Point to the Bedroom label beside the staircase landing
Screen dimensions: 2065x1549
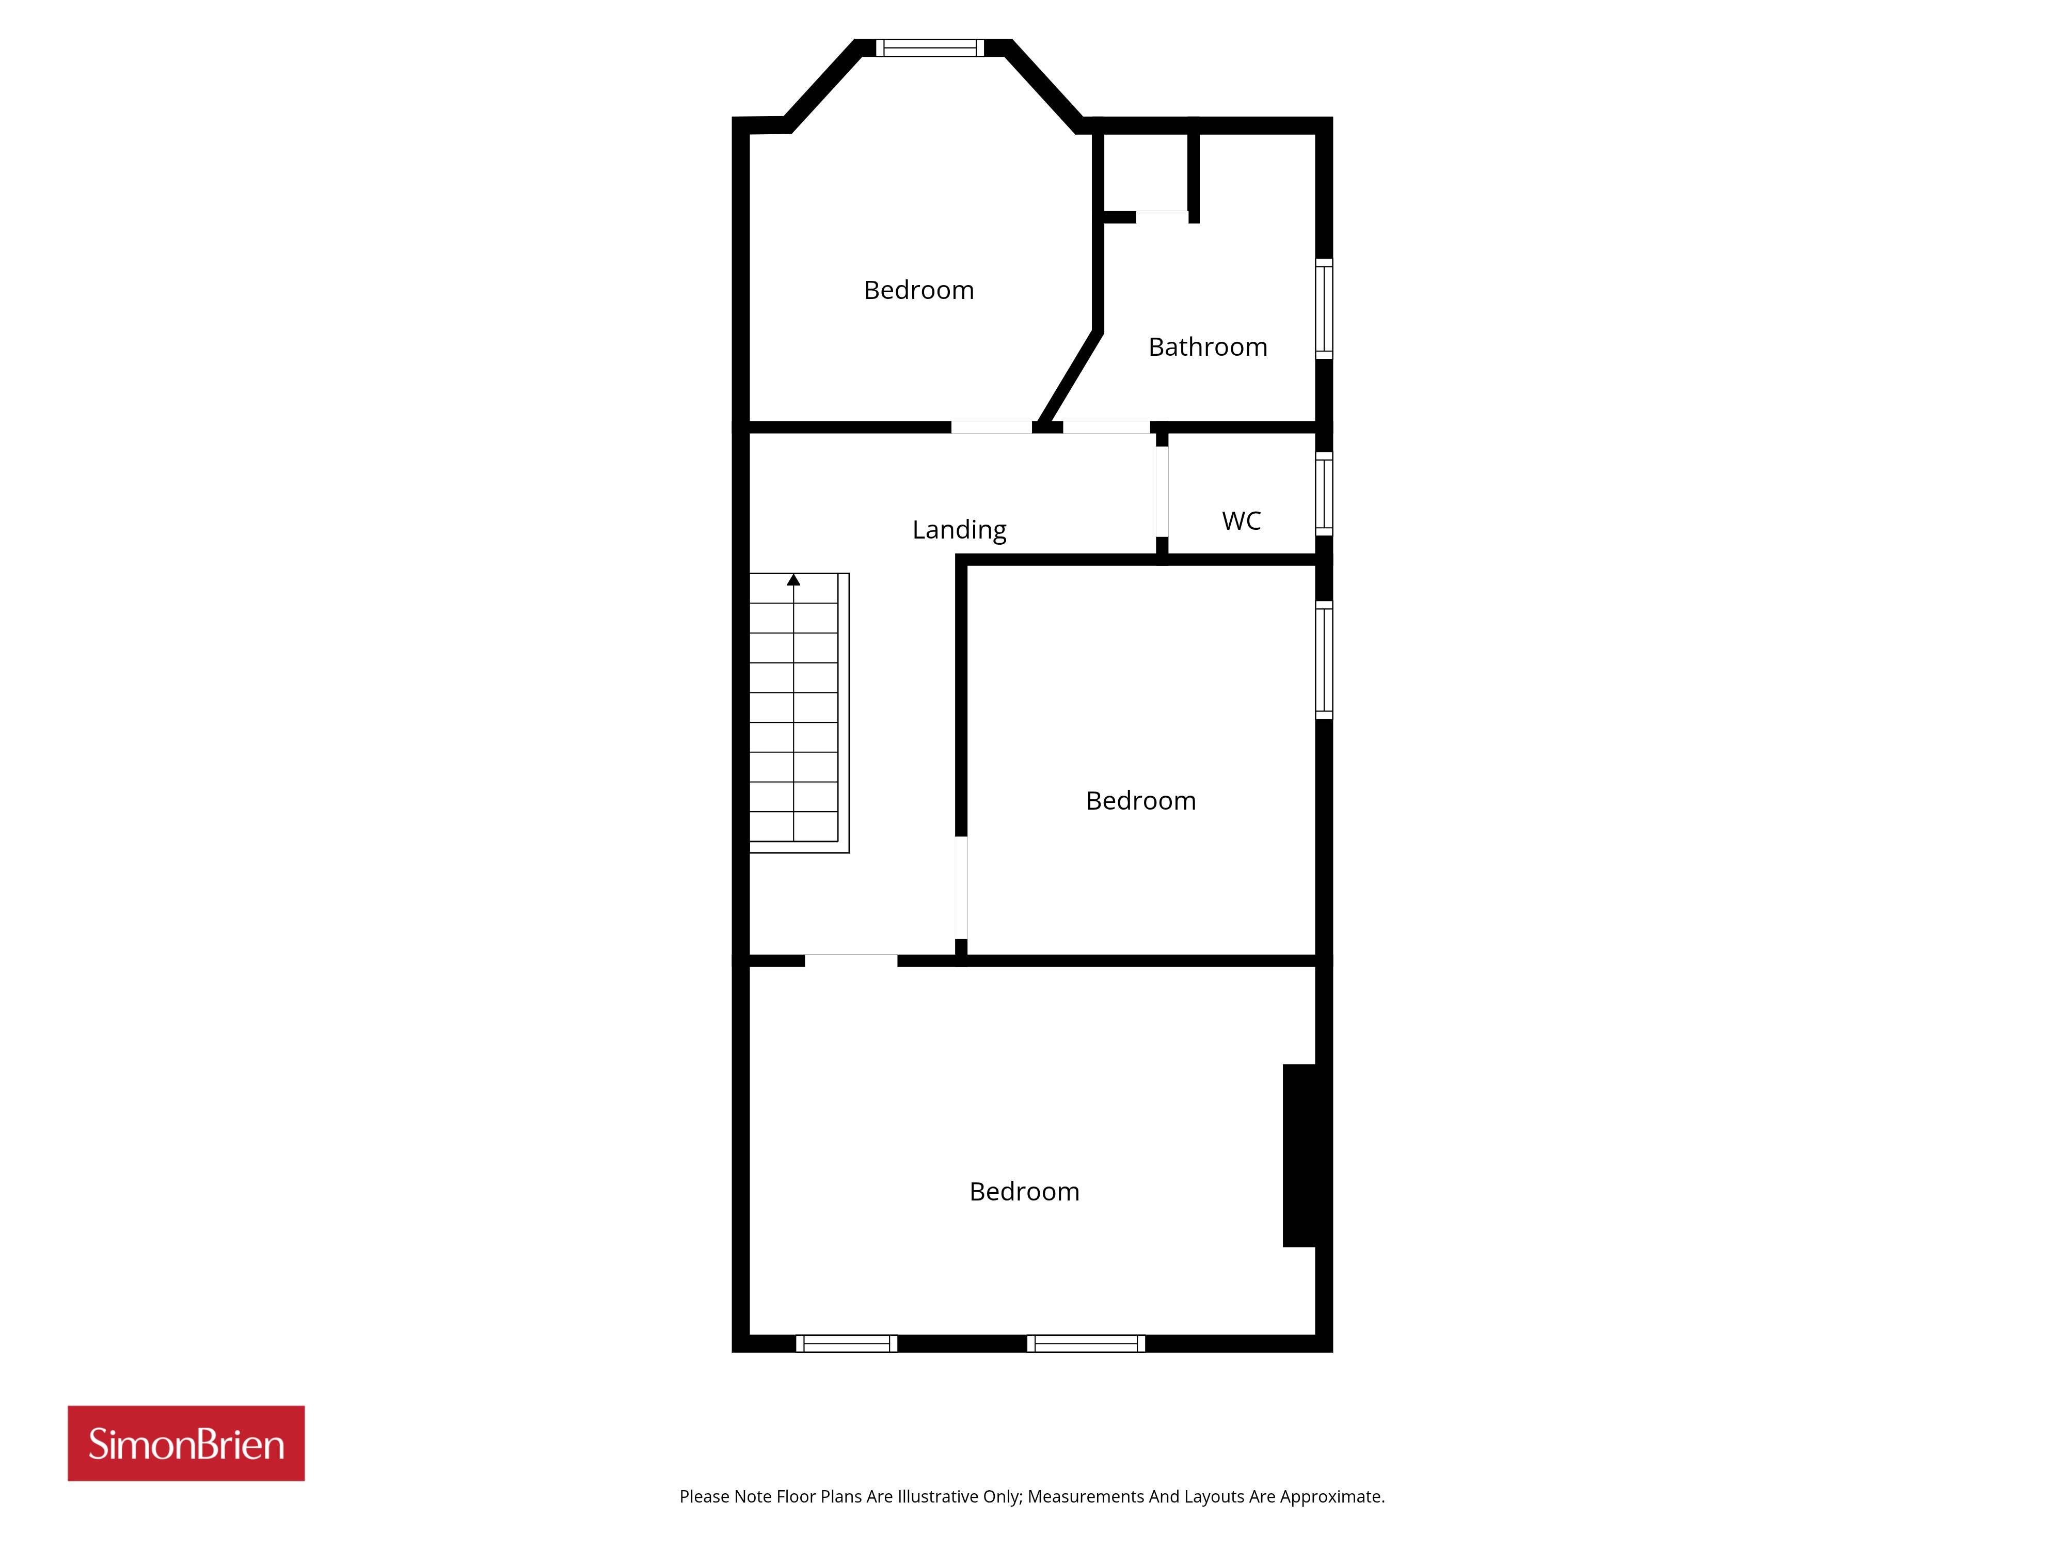[x=1141, y=801]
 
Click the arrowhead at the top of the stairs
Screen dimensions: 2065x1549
[x=793, y=580]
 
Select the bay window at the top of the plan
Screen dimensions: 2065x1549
[x=930, y=48]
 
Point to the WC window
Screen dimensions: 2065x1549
[x=1324, y=494]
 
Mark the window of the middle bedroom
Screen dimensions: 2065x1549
[x=1324, y=660]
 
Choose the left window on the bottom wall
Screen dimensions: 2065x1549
[x=847, y=1343]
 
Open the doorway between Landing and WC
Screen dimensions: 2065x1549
[x=1162, y=492]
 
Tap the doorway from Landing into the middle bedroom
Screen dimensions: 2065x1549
[x=961, y=887]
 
